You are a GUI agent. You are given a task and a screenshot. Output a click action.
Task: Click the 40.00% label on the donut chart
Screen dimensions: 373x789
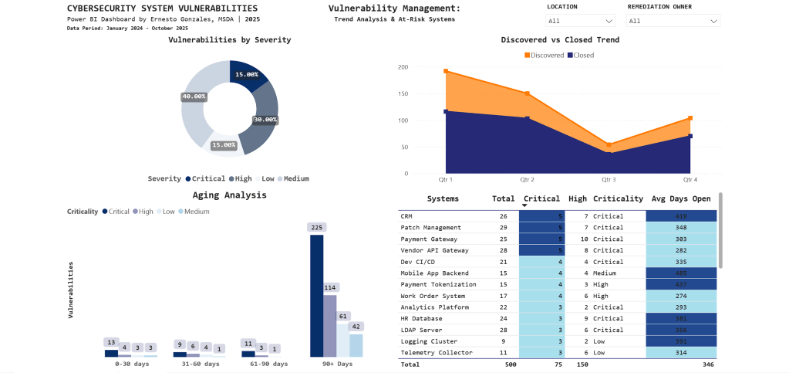194,97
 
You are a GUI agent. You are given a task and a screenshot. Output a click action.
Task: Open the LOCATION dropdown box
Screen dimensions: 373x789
580,21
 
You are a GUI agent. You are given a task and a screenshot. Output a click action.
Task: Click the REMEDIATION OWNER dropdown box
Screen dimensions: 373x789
673,21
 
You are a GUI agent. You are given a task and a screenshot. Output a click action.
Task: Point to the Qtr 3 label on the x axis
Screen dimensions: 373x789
609,179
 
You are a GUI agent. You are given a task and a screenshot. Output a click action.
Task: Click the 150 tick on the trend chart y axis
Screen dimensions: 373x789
402,93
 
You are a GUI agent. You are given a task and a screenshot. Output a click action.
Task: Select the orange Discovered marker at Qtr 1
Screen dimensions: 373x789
446,71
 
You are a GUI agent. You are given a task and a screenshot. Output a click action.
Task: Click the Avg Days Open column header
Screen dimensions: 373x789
680,198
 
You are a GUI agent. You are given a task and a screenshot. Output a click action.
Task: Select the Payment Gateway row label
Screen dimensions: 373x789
427,239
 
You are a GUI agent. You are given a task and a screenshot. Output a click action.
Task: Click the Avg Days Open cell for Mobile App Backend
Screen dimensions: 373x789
680,273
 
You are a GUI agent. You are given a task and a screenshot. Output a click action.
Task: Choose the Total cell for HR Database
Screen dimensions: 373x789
503,318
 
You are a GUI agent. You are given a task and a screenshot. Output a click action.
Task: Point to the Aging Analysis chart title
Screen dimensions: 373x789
229,195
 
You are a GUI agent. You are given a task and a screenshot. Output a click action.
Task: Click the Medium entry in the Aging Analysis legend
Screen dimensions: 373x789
196,211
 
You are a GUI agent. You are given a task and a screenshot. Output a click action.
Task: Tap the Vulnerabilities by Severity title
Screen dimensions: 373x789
229,39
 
